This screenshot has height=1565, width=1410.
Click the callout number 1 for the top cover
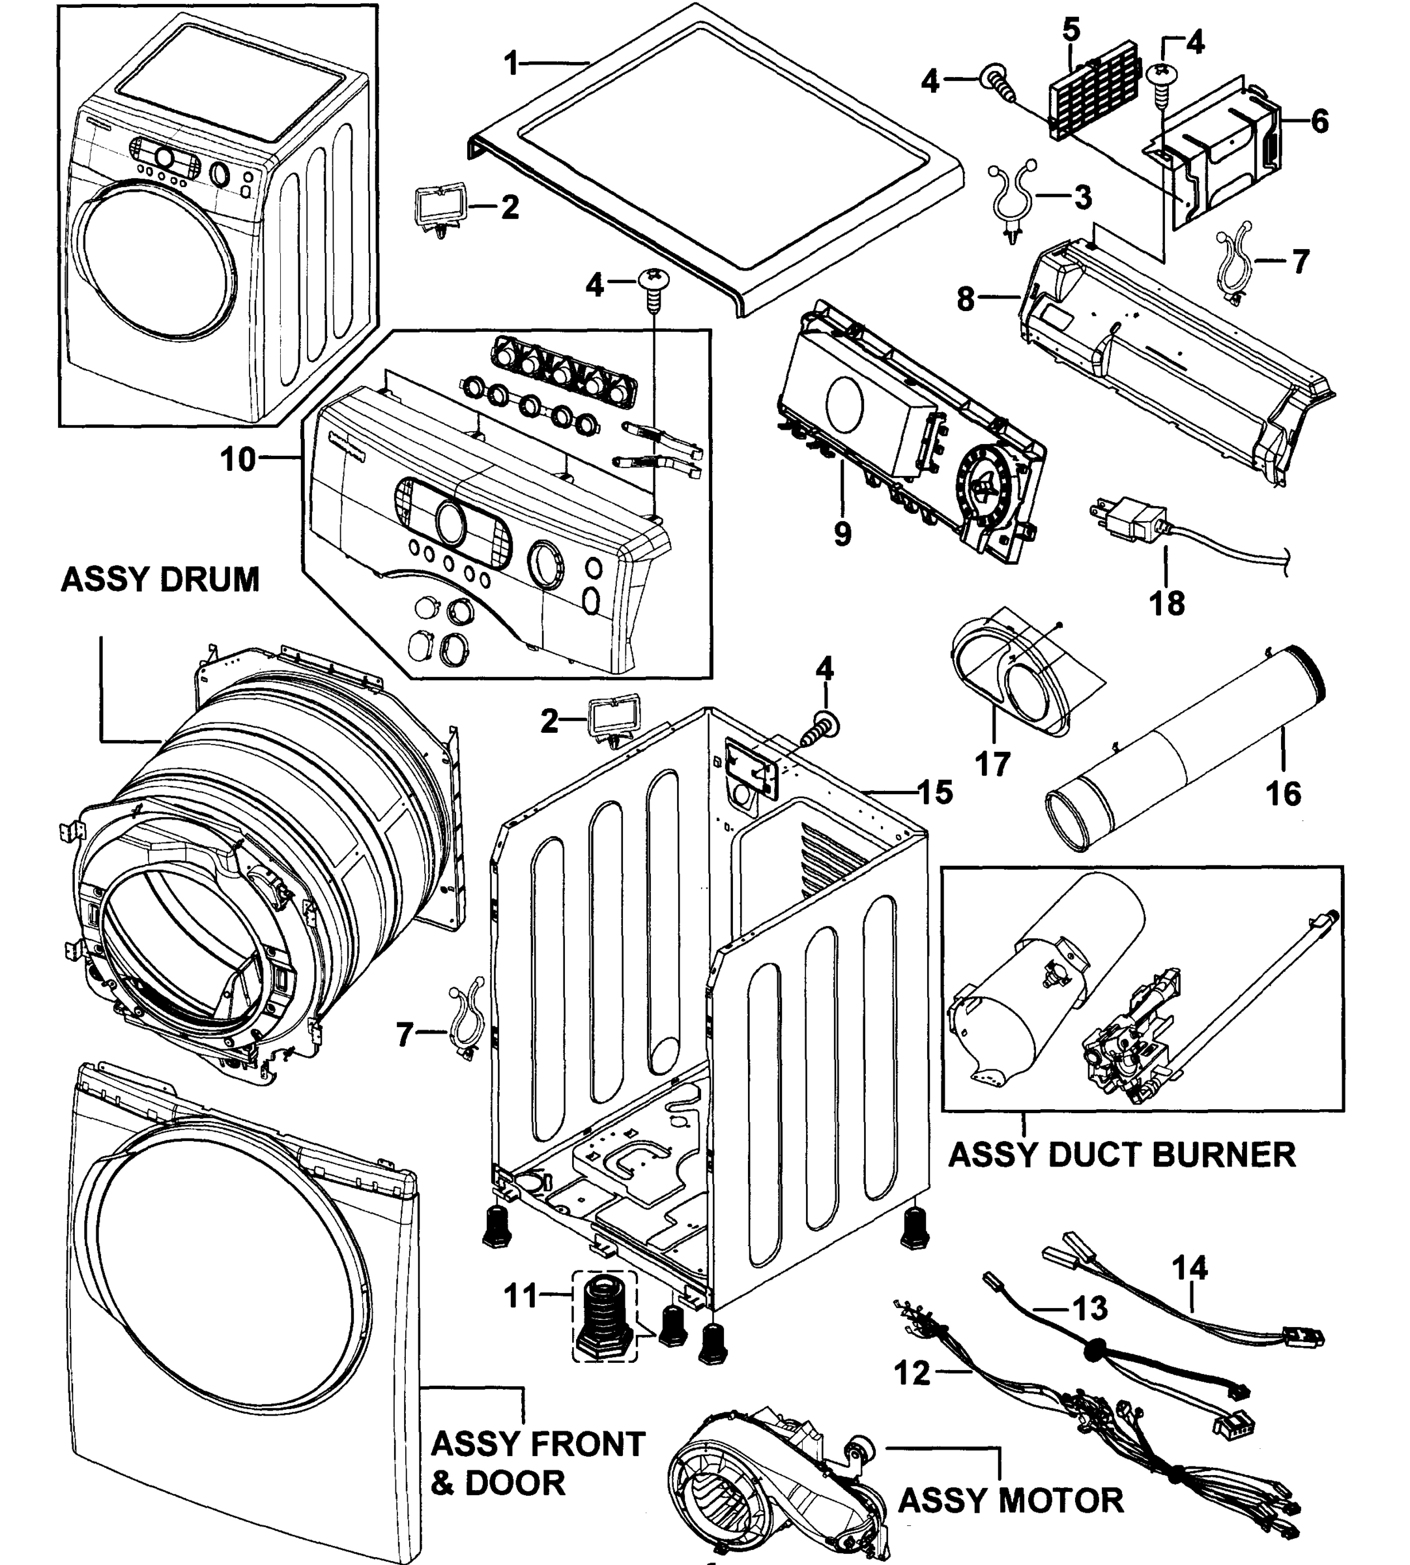click(x=511, y=63)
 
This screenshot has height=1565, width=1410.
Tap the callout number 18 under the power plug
click(x=1167, y=603)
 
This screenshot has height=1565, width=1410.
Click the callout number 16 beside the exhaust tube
click(x=1283, y=793)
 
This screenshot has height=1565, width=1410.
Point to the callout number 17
click(x=992, y=764)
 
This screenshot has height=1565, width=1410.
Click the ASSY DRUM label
click(x=160, y=580)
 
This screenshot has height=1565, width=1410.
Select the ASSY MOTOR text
click(x=1010, y=1500)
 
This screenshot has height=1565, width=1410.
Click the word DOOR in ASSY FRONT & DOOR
click(x=515, y=1482)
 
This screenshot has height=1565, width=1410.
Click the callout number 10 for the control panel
click(x=238, y=459)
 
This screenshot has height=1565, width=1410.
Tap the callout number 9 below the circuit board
click(x=843, y=534)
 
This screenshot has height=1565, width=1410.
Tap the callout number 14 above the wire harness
click(x=1189, y=1268)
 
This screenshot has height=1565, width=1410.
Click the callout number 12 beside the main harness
click(x=912, y=1373)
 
